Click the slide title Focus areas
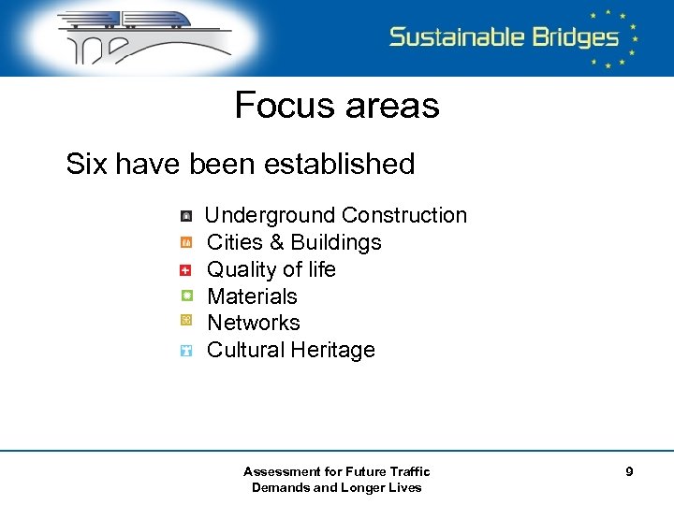337,105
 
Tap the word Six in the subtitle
87,164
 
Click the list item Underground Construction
335,215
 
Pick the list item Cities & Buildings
294,242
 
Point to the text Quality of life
271,269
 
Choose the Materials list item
252,296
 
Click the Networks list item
253,323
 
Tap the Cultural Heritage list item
290,350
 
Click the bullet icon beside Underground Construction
186,215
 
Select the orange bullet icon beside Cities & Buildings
186,242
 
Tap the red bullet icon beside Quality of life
186,269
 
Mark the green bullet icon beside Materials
186,296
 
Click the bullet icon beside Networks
186,322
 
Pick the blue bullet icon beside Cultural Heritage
186,351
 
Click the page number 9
629,472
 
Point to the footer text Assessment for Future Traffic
337,471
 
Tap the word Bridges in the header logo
570,37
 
